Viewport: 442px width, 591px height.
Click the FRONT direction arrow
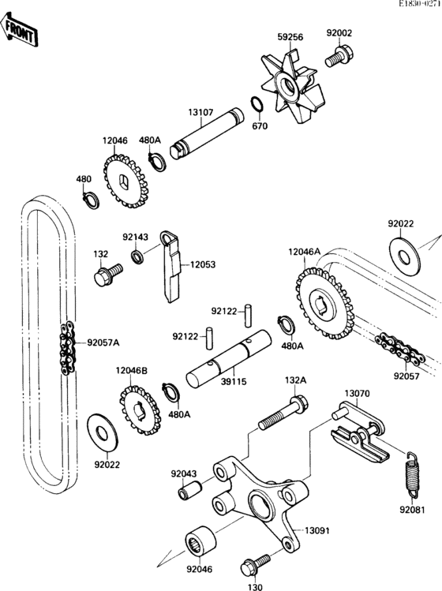(x=18, y=30)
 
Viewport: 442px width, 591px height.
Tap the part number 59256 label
(x=290, y=37)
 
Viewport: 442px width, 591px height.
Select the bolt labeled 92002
(x=339, y=57)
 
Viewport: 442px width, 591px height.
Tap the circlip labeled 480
(x=91, y=200)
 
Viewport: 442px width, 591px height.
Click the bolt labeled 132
(x=108, y=275)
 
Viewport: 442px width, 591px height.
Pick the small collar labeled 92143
(x=137, y=256)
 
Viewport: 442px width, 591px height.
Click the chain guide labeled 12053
(x=171, y=266)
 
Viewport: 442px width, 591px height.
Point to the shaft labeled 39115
(x=229, y=358)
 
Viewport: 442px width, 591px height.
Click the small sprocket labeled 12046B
(x=140, y=410)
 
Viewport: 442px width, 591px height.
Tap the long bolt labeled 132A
(x=283, y=413)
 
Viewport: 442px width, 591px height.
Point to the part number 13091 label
(x=317, y=531)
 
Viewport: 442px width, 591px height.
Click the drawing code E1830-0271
(x=420, y=3)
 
